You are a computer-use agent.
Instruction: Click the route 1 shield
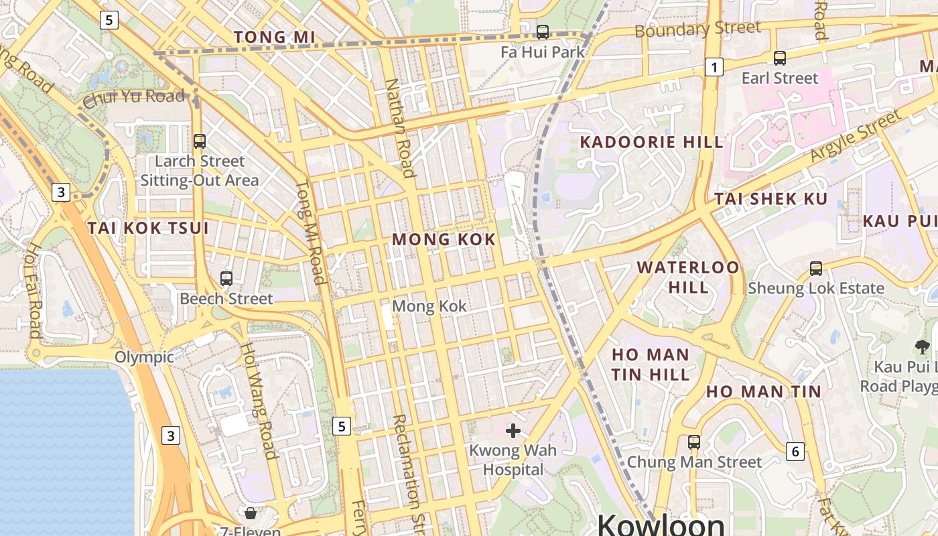[x=714, y=67]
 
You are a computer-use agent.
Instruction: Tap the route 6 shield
[x=795, y=452]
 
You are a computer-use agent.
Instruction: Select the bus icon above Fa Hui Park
[x=543, y=31]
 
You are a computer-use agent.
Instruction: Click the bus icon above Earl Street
[x=779, y=58]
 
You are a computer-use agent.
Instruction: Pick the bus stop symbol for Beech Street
[x=226, y=279]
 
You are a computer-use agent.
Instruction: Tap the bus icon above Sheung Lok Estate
[x=815, y=269]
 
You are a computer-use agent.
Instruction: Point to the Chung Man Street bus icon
[x=693, y=442]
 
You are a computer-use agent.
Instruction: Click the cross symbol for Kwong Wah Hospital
[x=513, y=431]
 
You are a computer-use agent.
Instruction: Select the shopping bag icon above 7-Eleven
[x=251, y=514]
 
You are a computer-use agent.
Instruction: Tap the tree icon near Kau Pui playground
[x=922, y=346]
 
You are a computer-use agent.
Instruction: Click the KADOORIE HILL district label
[x=651, y=142]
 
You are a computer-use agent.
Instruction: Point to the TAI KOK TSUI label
[x=148, y=228]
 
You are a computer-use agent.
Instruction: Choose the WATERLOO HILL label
[x=688, y=277]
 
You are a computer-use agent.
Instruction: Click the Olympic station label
[x=144, y=357]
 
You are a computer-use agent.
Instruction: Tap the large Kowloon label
[x=661, y=524]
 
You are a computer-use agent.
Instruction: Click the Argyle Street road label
[x=856, y=136]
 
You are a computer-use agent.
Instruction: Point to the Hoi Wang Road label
[x=259, y=401]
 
